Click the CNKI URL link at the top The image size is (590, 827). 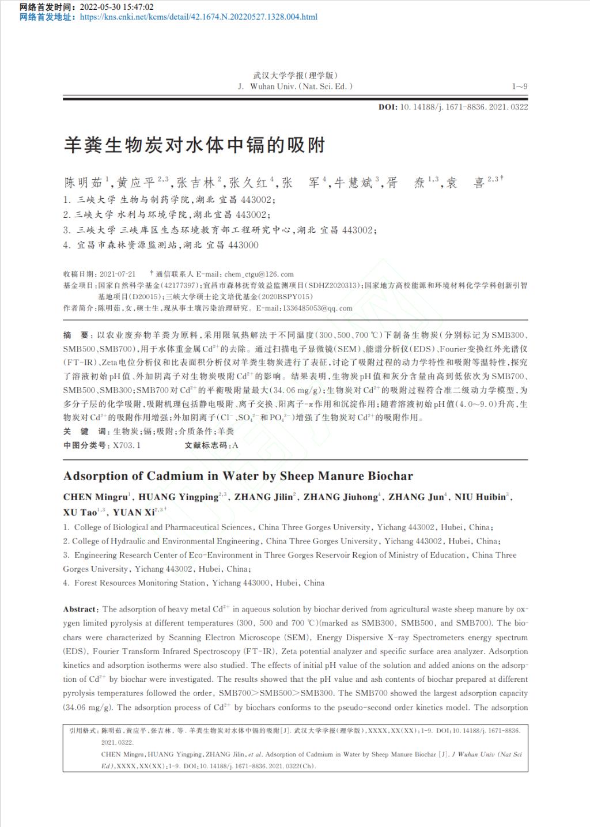[x=198, y=17]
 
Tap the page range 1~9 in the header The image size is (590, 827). [x=519, y=86]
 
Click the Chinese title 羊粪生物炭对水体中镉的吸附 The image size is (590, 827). [x=195, y=145]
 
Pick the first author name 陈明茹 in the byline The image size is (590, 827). [x=83, y=183]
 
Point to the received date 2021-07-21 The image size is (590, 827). [x=118, y=274]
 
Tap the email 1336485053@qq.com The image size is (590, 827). [x=317, y=308]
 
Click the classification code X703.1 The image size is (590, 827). [x=127, y=445]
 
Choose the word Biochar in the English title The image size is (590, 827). [x=392, y=476]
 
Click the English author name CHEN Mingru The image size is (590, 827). [x=95, y=497]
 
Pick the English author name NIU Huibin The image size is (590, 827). [x=480, y=497]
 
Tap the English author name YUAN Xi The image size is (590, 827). [x=134, y=512]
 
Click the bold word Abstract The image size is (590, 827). [x=80, y=609]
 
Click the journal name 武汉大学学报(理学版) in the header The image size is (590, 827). [x=296, y=75]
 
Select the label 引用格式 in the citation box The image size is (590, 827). [x=83, y=731]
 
